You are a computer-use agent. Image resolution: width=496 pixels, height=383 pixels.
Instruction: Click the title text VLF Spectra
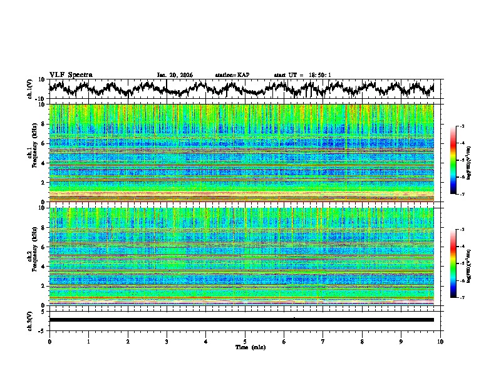[x=71, y=74]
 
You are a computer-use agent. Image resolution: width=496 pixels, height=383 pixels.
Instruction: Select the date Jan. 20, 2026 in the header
[x=175, y=75]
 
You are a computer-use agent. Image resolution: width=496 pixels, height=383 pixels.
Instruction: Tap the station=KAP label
[x=232, y=75]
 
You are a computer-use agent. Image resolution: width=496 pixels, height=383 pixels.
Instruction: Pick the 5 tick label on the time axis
[x=245, y=342]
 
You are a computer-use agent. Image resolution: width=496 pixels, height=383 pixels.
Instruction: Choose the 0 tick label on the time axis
[x=49, y=342]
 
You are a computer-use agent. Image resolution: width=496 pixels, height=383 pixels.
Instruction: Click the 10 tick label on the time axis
[x=440, y=342]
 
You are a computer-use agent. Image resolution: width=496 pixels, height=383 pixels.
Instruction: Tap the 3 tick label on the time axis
[x=167, y=342]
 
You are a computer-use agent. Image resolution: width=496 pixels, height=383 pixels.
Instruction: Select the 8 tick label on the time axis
[x=362, y=342]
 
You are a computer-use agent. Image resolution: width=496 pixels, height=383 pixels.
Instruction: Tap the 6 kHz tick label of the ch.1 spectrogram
[x=44, y=143]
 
